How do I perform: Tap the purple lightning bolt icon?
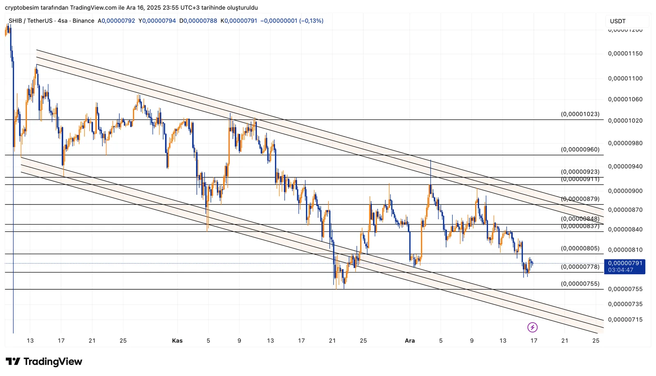click(x=532, y=327)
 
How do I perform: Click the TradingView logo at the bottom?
click(x=44, y=362)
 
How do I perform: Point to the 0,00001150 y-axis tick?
click(x=625, y=54)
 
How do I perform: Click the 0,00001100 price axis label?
click(x=625, y=78)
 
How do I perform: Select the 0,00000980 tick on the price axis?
click(x=625, y=143)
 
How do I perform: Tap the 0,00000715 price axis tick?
click(x=625, y=320)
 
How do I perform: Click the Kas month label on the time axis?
click(x=177, y=341)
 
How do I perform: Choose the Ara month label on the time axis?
click(x=410, y=341)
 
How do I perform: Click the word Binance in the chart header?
click(x=83, y=21)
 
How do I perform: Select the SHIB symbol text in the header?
click(x=15, y=21)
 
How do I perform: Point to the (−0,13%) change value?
click(x=311, y=21)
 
